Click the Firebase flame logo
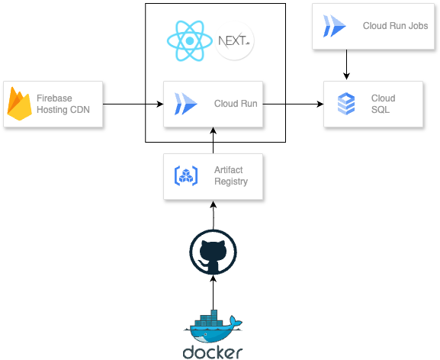pyautogui.click(x=19, y=104)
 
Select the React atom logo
pyautogui.click(x=190, y=40)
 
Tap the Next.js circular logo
pyautogui.click(x=234, y=40)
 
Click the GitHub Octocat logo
pyautogui.click(x=213, y=252)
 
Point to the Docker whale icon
pyautogui.click(x=213, y=326)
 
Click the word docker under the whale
pyautogui.click(x=213, y=352)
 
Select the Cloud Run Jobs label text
pyautogui.click(x=395, y=26)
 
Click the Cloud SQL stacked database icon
pyautogui.click(x=346, y=104)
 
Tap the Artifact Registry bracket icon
pyautogui.click(x=186, y=176)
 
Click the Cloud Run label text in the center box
pyautogui.click(x=236, y=104)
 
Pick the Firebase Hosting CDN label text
pyautogui.click(x=63, y=104)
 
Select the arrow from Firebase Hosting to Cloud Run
pyautogui.click(x=133, y=104)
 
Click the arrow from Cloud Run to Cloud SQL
pyautogui.click(x=294, y=104)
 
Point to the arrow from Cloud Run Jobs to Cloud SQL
pyautogui.click(x=346, y=65)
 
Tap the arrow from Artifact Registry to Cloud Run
pyautogui.click(x=213, y=140)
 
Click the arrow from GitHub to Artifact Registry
pyautogui.click(x=214, y=215)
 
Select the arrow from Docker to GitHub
pyautogui.click(x=213, y=292)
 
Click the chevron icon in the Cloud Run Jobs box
pyautogui.click(x=335, y=26)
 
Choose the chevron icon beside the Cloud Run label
pyautogui.click(x=186, y=104)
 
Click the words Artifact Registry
pyautogui.click(x=231, y=175)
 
